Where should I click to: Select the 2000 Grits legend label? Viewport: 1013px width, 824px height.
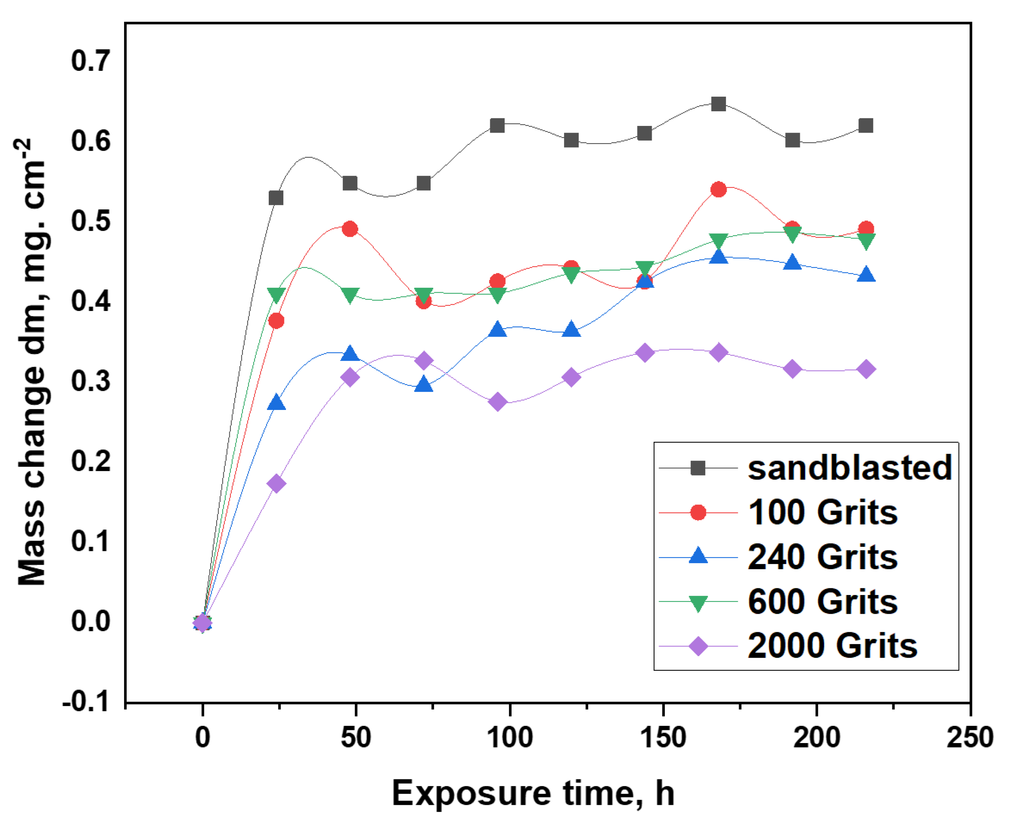click(832, 646)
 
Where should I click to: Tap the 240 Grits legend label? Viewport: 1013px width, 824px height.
click(822, 557)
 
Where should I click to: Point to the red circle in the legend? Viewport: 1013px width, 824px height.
click(698, 513)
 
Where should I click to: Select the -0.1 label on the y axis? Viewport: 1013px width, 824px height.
click(85, 701)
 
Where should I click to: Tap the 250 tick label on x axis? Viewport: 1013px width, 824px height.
click(969, 737)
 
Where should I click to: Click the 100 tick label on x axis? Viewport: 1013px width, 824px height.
click(510, 737)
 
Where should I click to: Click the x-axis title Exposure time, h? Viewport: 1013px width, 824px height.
click(533, 793)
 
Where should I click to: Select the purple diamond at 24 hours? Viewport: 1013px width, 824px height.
click(276, 484)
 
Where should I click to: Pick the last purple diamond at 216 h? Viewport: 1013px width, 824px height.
click(866, 369)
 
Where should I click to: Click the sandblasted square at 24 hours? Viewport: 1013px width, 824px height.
click(276, 198)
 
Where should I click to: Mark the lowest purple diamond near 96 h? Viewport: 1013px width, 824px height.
click(497, 402)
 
